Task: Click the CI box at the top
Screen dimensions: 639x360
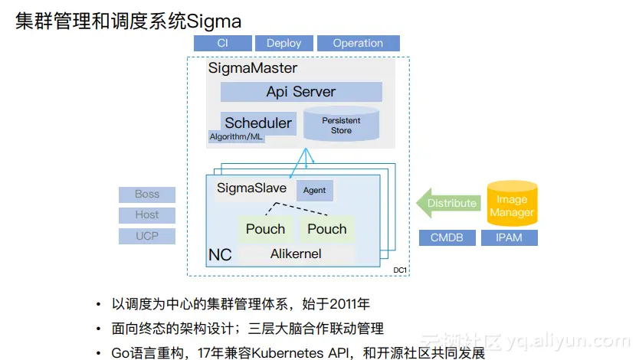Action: pyautogui.click(x=222, y=43)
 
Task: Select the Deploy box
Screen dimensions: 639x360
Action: pyautogui.click(x=284, y=43)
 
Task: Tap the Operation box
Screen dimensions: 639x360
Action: pyautogui.click(x=359, y=43)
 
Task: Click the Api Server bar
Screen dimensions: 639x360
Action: pyautogui.click(x=301, y=92)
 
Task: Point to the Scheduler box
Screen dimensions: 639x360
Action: pyautogui.click(x=258, y=123)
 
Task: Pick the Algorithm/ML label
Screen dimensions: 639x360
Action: pyautogui.click(x=236, y=137)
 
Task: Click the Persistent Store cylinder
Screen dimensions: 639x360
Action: pyautogui.click(x=342, y=124)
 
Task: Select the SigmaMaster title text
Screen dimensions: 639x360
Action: pyautogui.click(x=253, y=68)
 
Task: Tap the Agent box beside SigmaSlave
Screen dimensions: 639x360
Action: pyautogui.click(x=315, y=190)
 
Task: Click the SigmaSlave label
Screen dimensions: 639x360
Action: pyautogui.click(x=251, y=188)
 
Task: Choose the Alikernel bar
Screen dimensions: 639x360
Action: pyautogui.click(x=297, y=254)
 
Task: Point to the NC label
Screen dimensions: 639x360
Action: pyautogui.click(x=220, y=255)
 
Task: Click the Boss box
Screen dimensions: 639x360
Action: pyautogui.click(x=147, y=195)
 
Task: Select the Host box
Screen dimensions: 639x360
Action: pyautogui.click(x=147, y=215)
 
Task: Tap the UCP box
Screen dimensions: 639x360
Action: pyautogui.click(x=147, y=236)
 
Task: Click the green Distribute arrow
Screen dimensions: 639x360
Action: pyautogui.click(x=448, y=203)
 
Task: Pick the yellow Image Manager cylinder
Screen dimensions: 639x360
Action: pyautogui.click(x=513, y=203)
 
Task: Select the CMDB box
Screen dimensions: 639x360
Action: pyautogui.click(x=447, y=237)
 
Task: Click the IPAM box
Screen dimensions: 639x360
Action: pyautogui.click(x=509, y=237)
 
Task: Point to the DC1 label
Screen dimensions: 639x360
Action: pyautogui.click(x=400, y=270)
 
